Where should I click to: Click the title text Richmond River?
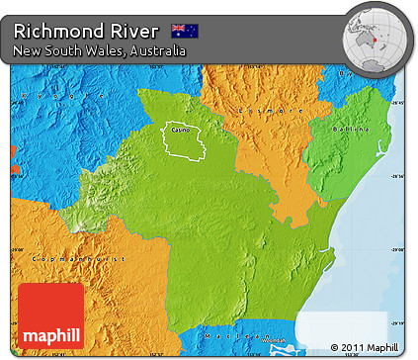click(x=86, y=30)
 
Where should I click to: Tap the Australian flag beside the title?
click(x=184, y=31)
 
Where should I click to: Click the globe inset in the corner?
click(x=375, y=39)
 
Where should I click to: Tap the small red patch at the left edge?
click(x=14, y=153)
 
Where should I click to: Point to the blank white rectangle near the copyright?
click(x=336, y=327)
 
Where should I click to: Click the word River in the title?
click(x=129, y=30)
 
